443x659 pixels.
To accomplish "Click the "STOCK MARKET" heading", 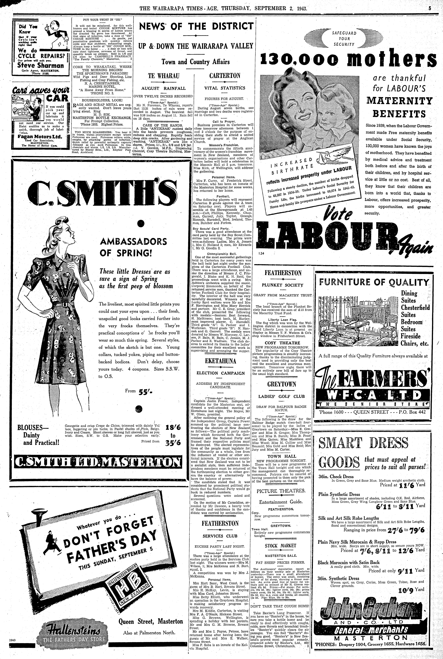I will coord(280,546).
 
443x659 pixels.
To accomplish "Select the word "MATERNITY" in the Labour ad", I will coord(399,101).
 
